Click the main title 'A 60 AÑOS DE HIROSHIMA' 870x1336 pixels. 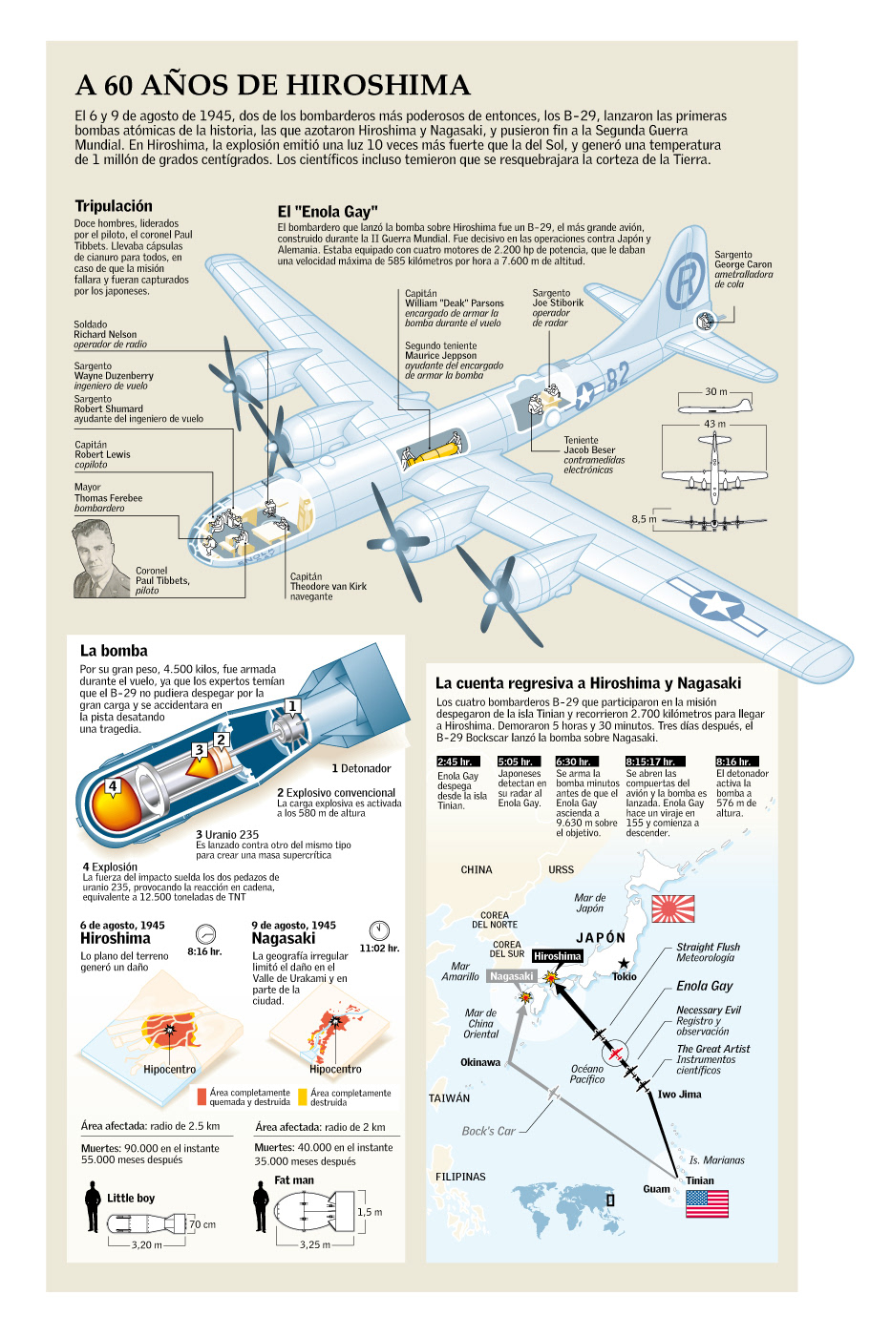[273, 85]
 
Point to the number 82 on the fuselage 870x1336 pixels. [617, 375]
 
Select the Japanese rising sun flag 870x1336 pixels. [672, 908]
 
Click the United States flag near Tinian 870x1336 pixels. [707, 1202]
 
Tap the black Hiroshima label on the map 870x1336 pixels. [557, 956]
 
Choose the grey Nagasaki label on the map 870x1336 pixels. [511, 976]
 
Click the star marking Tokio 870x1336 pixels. [624, 964]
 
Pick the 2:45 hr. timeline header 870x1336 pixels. [456, 762]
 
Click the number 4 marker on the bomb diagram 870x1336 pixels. [113, 786]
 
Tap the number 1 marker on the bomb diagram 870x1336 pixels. [292, 706]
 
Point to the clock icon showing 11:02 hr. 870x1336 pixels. [379, 929]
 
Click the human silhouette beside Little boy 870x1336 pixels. [92, 1207]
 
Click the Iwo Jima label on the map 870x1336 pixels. [679, 1095]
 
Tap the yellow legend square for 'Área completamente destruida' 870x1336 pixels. [303, 1096]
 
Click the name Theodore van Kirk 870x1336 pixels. [328, 587]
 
